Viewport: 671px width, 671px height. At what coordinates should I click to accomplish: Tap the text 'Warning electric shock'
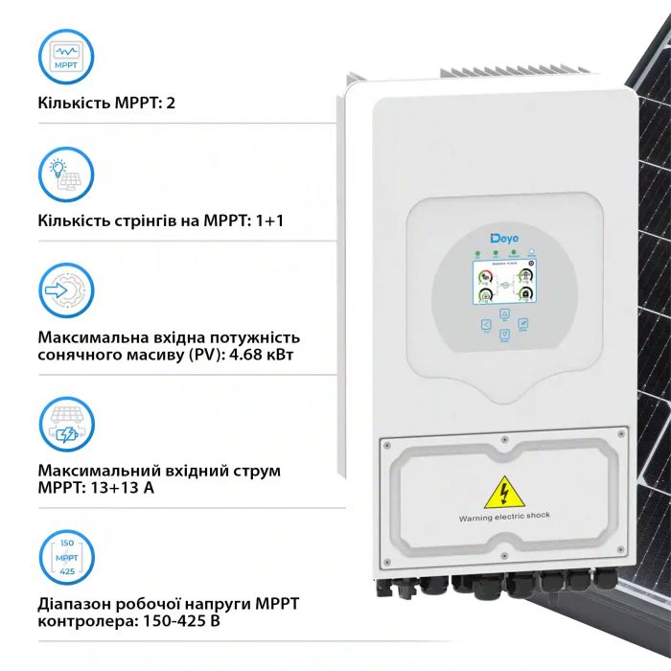pos(504,516)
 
